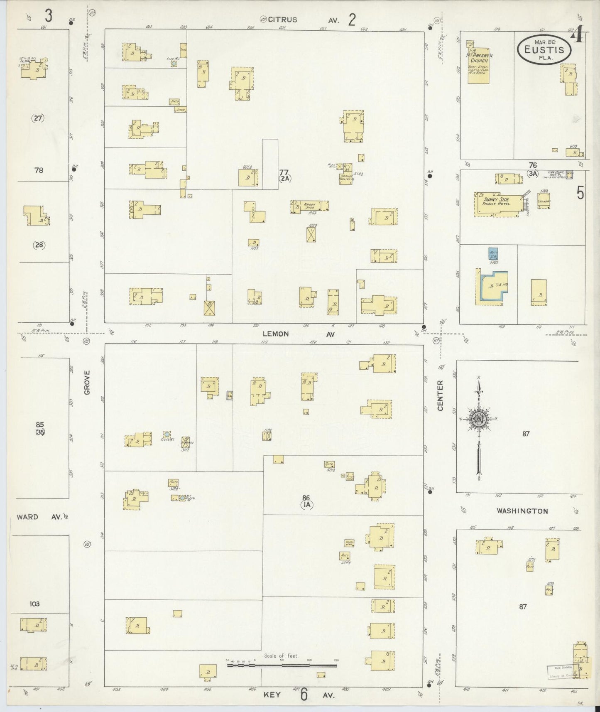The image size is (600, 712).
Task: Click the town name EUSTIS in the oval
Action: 544,50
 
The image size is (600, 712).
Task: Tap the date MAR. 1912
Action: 545,42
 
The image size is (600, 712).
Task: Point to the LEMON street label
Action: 276,334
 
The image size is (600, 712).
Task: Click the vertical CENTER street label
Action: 441,395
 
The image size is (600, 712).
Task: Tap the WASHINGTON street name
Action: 522,511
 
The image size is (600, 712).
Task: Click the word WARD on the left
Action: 27,517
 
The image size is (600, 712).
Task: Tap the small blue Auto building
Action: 493,254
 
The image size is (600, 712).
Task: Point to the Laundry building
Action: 544,201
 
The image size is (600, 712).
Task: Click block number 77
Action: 284,172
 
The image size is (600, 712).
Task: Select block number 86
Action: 306,497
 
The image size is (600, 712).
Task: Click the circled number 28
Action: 39,245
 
